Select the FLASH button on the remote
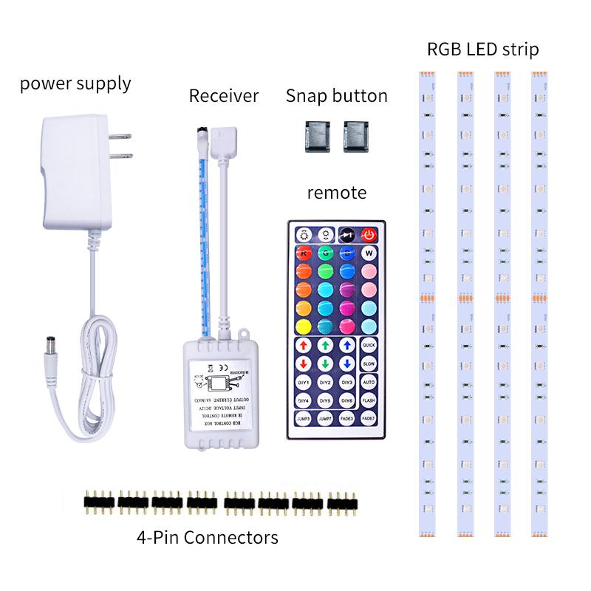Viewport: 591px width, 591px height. [x=369, y=400]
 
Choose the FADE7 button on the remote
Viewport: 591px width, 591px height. [x=369, y=418]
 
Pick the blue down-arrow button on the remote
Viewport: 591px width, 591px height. [x=346, y=363]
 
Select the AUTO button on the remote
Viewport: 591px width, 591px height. [x=369, y=382]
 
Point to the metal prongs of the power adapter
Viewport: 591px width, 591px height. [x=122, y=146]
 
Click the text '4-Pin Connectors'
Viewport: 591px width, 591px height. [x=208, y=536]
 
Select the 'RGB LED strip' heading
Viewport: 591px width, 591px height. [x=482, y=50]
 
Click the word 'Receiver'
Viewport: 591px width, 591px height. [x=224, y=95]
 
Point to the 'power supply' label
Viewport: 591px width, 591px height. [x=75, y=83]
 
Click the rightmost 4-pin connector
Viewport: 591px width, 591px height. [x=343, y=502]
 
